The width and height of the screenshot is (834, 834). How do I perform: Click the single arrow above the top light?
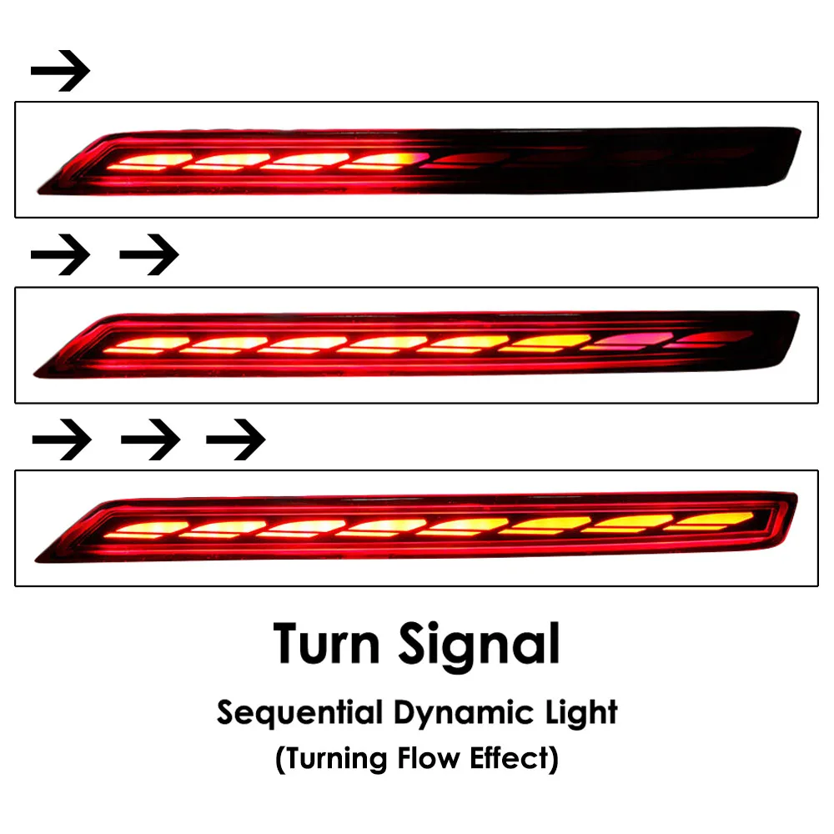point(60,71)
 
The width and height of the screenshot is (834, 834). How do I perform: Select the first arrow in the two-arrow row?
point(60,254)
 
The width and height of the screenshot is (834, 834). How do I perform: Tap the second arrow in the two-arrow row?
point(149,254)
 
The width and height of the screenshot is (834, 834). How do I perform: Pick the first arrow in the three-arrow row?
point(62,440)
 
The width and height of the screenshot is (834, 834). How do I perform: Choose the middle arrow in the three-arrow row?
point(150,440)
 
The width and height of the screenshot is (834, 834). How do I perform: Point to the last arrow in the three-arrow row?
point(236,440)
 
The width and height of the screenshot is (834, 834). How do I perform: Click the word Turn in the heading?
point(327,644)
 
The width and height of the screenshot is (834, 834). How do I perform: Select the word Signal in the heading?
point(480,647)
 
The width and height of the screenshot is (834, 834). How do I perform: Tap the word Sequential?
point(299,713)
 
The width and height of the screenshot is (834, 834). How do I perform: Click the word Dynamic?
point(463,715)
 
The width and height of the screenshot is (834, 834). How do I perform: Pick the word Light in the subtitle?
point(581,713)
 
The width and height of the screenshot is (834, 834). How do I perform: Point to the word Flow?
point(429,758)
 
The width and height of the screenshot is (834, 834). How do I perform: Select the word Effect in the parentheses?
point(510,758)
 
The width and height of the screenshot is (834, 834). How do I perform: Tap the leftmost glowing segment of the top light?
point(149,163)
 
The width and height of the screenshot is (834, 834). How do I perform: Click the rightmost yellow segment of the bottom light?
point(710,521)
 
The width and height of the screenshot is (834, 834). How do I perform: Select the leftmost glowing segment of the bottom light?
point(146,530)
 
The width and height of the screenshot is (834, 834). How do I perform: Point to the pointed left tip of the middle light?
point(35,374)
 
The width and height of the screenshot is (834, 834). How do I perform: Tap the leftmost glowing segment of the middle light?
point(146,346)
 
